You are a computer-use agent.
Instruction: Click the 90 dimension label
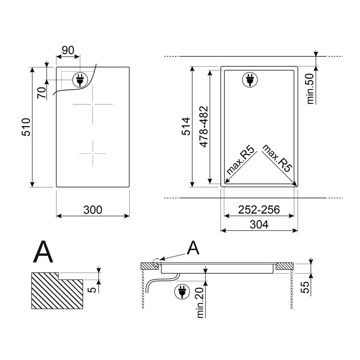tap(68, 50)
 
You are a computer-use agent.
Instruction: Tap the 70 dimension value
tap(42, 93)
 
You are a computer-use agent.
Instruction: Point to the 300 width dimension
tap(93, 210)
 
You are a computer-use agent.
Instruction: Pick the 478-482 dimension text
tap(204, 127)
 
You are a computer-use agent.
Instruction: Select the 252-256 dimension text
tap(259, 210)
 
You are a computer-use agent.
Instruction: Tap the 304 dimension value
tap(259, 225)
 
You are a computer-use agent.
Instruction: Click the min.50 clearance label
tap(310, 89)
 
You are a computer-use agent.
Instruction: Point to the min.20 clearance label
tap(201, 303)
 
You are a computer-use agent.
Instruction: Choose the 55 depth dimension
tap(305, 287)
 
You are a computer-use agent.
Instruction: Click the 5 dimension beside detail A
tap(92, 290)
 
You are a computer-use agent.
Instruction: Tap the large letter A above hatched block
tap(43, 252)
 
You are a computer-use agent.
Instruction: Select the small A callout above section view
tap(193, 248)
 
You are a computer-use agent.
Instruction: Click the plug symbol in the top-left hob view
tap(80, 80)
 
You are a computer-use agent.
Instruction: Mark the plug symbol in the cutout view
tap(250, 80)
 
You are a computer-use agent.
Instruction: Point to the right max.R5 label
tap(276, 158)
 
